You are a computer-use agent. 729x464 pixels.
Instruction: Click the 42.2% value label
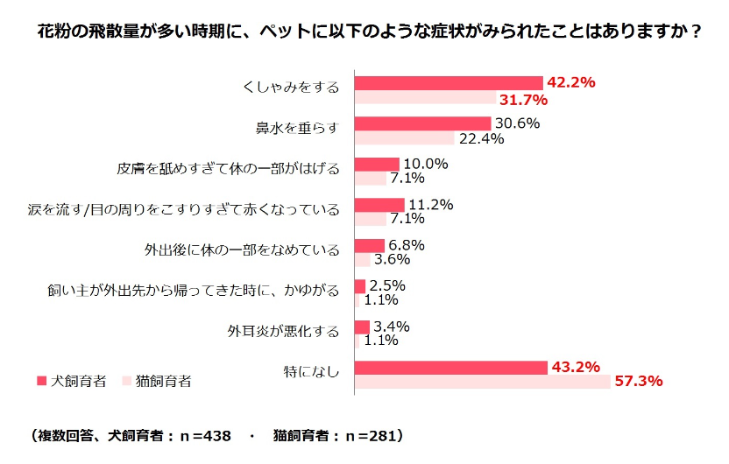click(571, 82)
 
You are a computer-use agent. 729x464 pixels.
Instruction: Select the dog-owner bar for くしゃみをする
click(448, 82)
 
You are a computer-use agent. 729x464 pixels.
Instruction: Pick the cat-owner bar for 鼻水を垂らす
click(404, 137)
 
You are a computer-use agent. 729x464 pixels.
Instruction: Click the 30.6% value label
click(517, 123)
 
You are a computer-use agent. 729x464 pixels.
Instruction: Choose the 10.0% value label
click(425, 164)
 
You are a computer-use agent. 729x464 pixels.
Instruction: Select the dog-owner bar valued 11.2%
click(379, 205)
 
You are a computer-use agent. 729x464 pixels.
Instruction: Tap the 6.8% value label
click(406, 245)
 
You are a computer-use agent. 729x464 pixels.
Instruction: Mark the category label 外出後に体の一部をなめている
click(241, 250)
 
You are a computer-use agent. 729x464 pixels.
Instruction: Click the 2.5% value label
click(386, 285)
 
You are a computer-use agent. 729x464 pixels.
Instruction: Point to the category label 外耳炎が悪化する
click(282, 331)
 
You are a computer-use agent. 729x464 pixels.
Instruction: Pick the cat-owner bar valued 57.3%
click(482, 382)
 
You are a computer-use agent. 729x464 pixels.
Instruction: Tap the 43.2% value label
click(574, 367)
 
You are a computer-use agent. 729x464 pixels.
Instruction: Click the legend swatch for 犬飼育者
click(40, 381)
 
